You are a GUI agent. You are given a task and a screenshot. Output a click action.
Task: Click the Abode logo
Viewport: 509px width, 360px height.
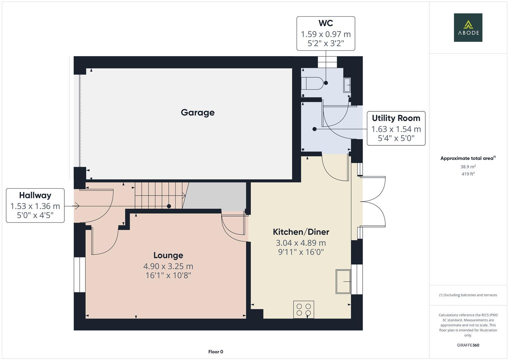468,28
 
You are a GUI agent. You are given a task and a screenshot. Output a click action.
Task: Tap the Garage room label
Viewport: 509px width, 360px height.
198,113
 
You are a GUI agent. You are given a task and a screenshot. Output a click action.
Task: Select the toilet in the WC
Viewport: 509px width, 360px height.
311,83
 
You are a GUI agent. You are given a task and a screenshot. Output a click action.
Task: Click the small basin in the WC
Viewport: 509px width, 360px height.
347,85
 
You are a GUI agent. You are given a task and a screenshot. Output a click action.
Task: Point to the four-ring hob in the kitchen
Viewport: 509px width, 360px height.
303,309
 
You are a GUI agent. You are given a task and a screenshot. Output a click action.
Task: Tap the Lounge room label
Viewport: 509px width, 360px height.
168,255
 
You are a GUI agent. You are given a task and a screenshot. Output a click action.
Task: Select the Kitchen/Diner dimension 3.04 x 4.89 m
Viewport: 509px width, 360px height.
301,243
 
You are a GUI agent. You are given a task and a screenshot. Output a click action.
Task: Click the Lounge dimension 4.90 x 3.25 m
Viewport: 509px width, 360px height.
168,266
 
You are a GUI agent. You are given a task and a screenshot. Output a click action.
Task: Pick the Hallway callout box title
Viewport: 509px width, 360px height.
35,195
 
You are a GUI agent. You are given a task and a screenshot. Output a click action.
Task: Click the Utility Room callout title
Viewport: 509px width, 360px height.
396,118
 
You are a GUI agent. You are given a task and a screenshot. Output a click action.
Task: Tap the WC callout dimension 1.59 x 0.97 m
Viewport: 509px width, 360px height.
325,34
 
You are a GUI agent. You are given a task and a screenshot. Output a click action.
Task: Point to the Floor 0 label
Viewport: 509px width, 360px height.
216,352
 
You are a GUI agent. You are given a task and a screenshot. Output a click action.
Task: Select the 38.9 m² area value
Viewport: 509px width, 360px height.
468,167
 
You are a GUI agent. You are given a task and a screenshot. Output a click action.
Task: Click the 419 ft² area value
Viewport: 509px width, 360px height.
468,174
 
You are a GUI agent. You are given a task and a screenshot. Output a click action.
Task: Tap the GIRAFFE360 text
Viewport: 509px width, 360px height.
468,345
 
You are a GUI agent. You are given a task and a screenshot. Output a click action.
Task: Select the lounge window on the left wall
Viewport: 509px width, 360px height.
80,275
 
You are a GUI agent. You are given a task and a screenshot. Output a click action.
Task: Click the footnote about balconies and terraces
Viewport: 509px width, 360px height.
468,295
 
